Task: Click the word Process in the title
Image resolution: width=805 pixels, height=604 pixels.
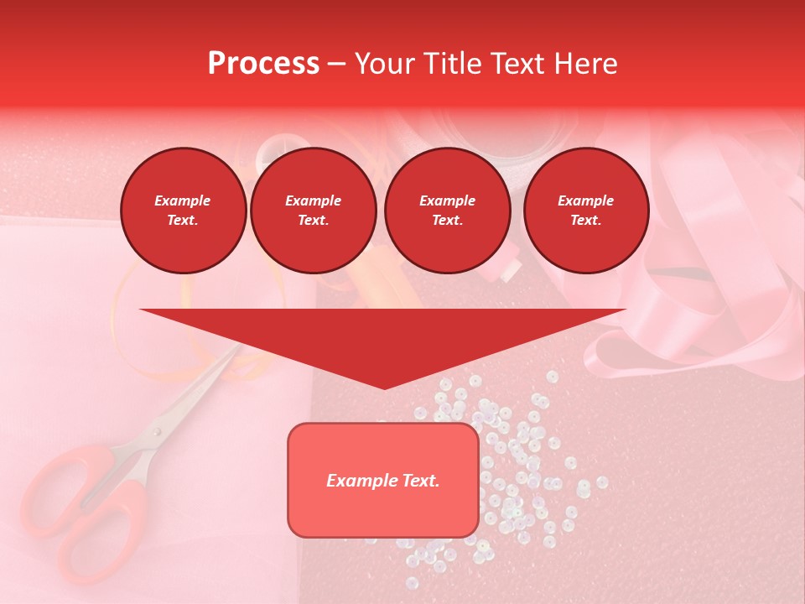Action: tap(263, 63)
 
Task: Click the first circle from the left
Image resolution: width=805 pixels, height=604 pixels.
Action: tap(183, 211)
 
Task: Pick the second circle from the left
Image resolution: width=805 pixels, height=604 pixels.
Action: tap(314, 211)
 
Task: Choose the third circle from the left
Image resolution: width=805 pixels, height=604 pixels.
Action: tap(447, 211)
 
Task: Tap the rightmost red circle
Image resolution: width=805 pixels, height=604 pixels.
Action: tap(586, 211)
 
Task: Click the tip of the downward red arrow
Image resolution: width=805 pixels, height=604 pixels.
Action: tap(384, 388)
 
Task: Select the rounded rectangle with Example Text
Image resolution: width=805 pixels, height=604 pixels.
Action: tap(383, 480)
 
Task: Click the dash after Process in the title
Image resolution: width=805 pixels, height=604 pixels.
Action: tap(336, 64)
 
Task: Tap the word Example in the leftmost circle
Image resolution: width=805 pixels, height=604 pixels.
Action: tap(183, 201)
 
